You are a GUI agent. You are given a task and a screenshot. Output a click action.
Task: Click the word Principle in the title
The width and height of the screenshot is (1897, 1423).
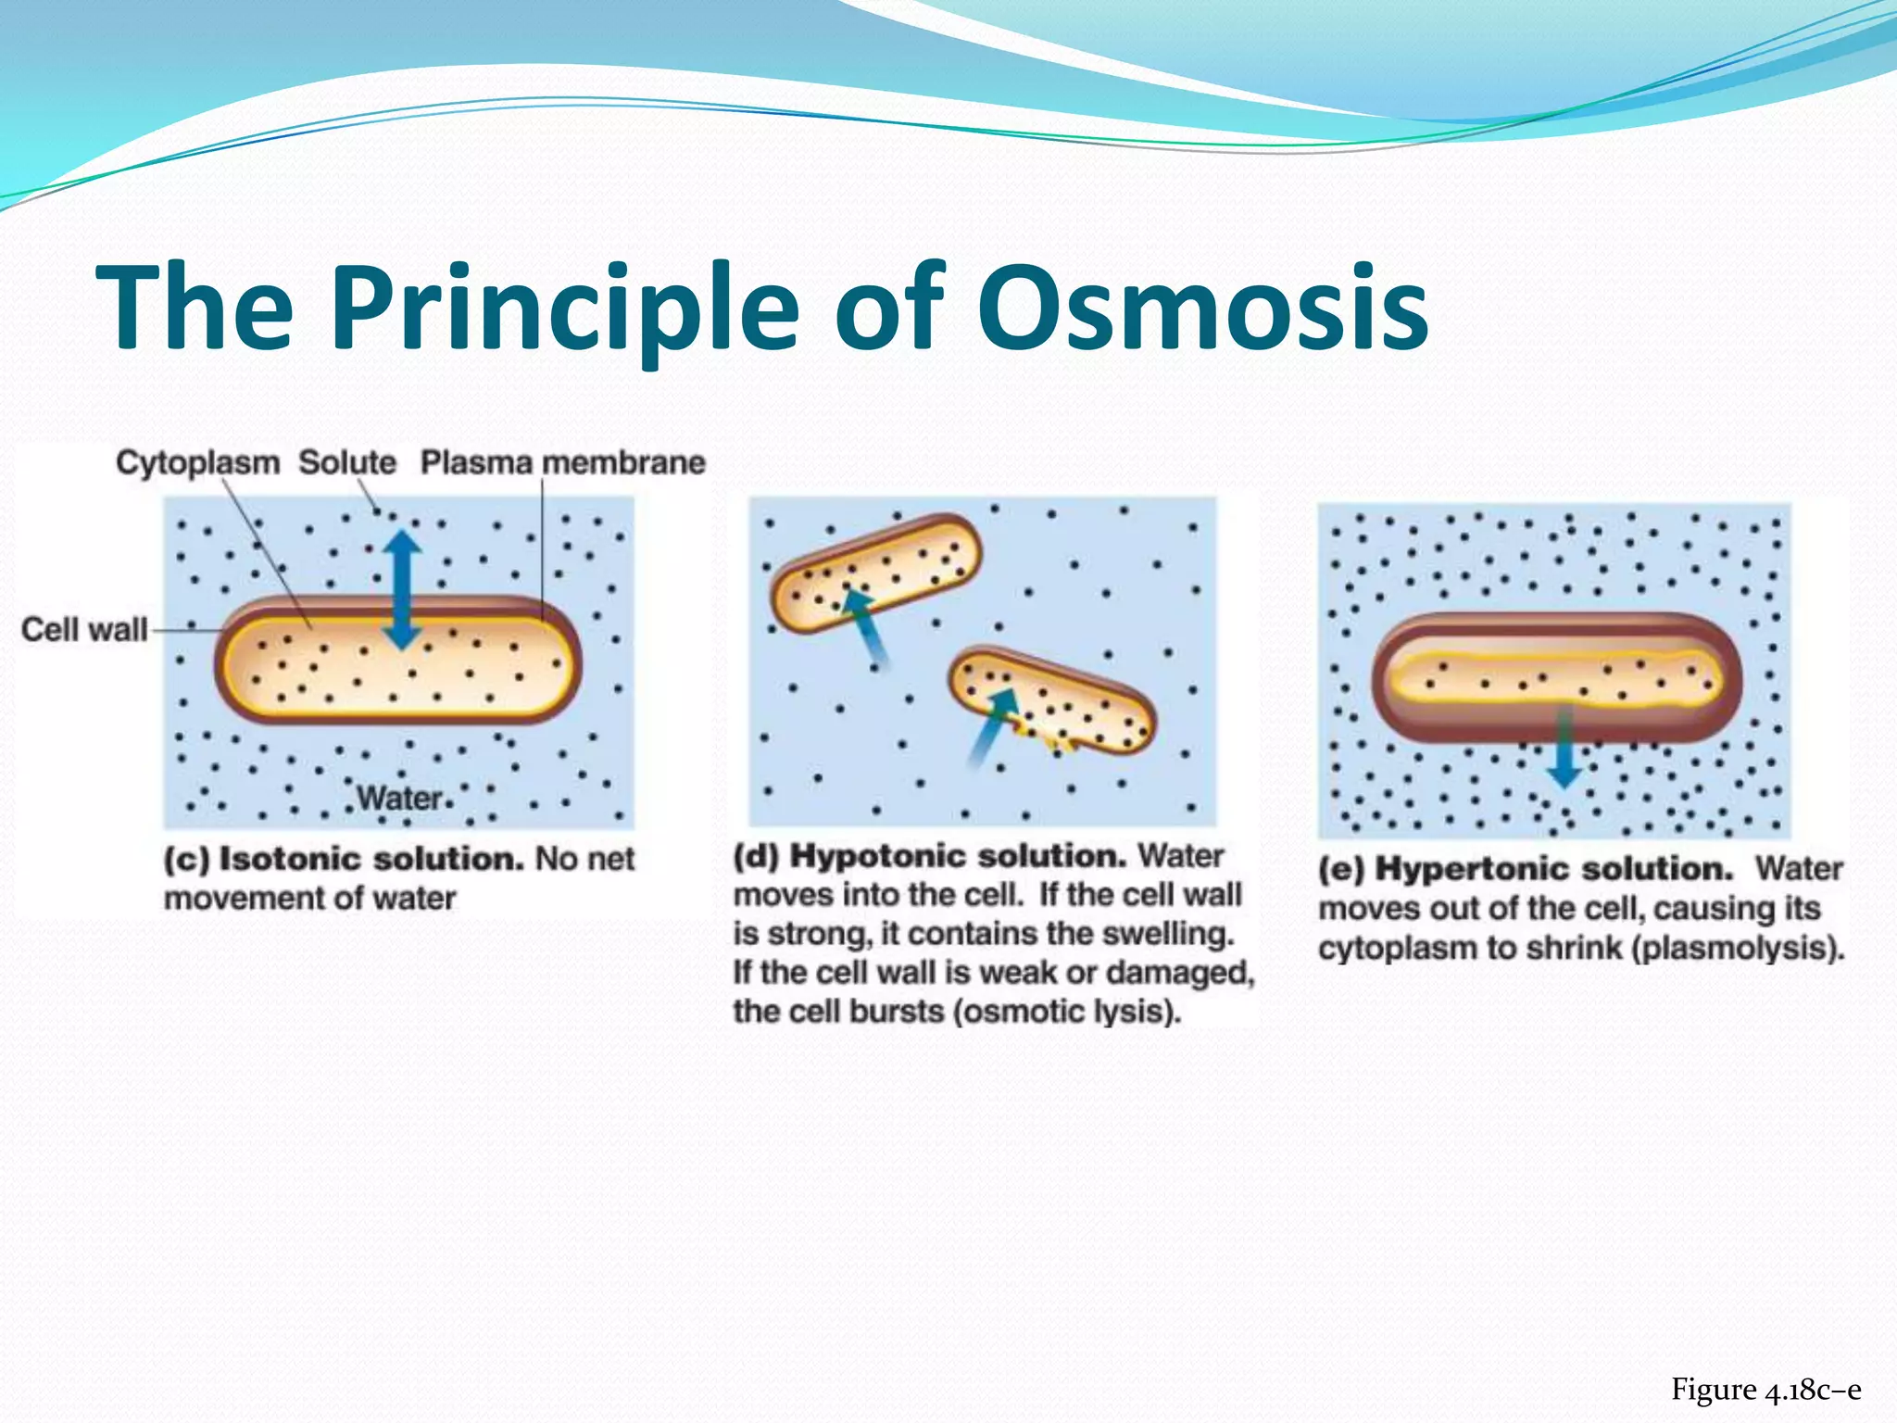[565, 310]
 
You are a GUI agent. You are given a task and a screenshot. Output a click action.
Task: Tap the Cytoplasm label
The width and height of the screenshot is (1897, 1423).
[197, 462]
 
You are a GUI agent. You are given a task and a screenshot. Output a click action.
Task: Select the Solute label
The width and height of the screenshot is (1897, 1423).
[346, 462]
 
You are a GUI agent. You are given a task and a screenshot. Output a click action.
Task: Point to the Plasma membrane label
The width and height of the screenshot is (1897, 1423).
[562, 462]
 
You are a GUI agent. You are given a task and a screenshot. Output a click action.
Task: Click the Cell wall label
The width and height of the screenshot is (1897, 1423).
[83, 630]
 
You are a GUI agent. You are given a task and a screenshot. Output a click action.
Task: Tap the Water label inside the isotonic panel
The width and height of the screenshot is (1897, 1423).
[400, 798]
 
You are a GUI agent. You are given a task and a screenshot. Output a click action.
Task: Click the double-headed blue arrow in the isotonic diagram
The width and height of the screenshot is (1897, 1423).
[402, 589]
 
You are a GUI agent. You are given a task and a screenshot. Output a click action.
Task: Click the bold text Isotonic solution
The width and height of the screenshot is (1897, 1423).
[371, 860]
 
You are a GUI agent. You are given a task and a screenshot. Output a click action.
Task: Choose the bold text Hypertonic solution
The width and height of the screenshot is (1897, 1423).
[1553, 870]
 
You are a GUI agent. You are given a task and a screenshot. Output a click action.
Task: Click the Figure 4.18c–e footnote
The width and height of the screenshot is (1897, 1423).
[1765, 1390]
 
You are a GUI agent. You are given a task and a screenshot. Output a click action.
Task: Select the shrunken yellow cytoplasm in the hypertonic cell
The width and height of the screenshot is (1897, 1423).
[1556, 681]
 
